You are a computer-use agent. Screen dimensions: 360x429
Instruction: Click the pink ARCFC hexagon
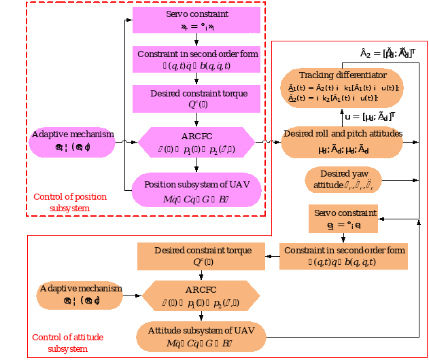pyautogui.click(x=196, y=141)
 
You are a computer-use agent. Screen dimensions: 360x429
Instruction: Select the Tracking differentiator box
pyautogui.click(x=343, y=86)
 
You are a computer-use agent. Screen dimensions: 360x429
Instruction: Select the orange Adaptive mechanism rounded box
pyautogui.click(x=80, y=294)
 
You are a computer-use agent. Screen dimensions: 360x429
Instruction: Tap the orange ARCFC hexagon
pyautogui.click(x=202, y=295)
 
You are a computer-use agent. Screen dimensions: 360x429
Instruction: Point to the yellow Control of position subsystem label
pyautogui.click(x=70, y=202)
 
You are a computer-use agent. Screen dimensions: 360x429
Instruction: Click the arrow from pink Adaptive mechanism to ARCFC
pyautogui.click(x=126, y=141)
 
